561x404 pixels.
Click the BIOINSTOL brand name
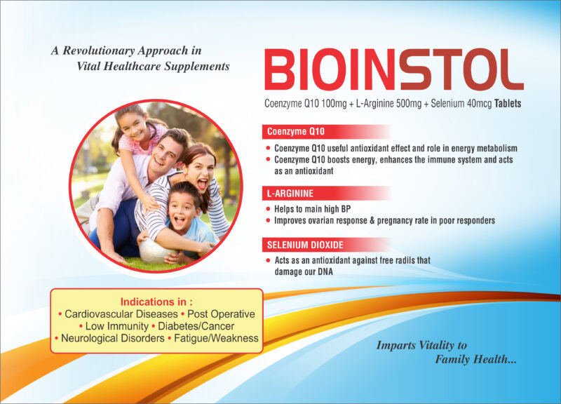pyautogui.click(x=394, y=69)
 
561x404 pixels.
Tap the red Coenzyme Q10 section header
pyautogui.click(x=295, y=132)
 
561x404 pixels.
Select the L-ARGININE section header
pyautogui.click(x=290, y=194)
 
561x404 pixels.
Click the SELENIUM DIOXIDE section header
pyautogui.click(x=305, y=245)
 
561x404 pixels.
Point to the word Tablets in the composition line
pyautogui.click(x=507, y=103)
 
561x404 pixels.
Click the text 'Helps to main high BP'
pyautogui.click(x=312, y=209)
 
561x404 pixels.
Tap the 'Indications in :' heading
pyautogui.click(x=156, y=302)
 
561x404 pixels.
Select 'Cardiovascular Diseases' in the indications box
pyautogui.click(x=121, y=314)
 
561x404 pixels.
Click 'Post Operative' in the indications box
pyautogui.click(x=221, y=314)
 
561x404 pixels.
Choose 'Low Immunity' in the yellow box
pyautogui.click(x=116, y=326)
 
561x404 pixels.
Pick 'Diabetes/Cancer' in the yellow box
pyautogui.click(x=196, y=326)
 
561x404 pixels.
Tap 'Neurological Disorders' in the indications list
pyautogui.click(x=113, y=338)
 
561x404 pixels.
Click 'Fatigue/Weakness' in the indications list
pyautogui.click(x=216, y=338)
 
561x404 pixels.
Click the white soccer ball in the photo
pyautogui.click(x=154, y=250)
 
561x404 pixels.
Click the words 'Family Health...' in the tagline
pyautogui.click(x=476, y=359)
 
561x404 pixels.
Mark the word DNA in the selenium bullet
pyautogui.click(x=325, y=272)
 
